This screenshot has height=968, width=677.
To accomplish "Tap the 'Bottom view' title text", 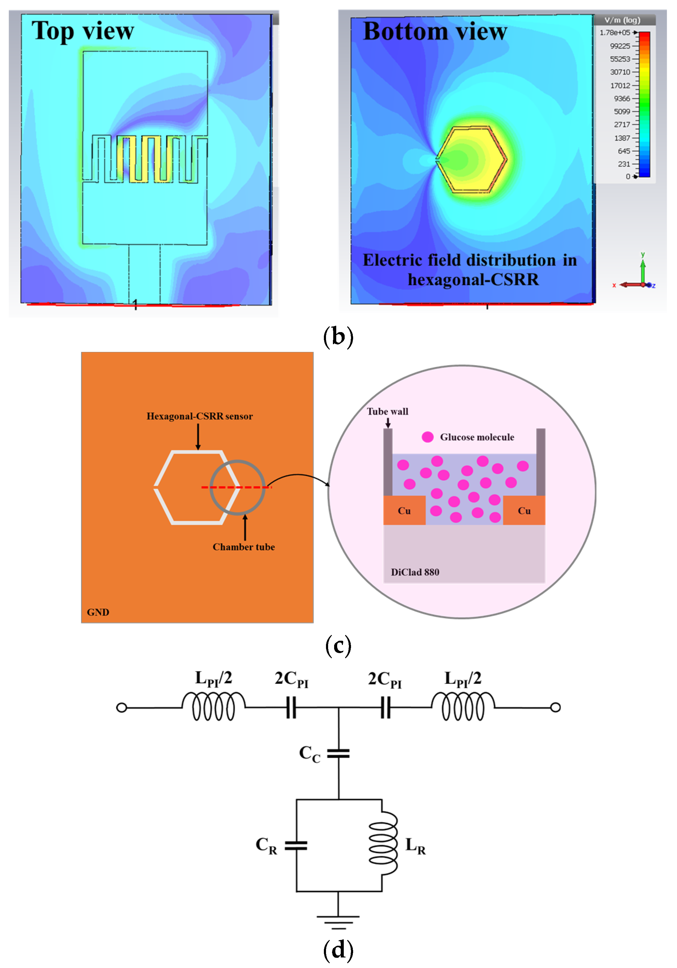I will (434, 31).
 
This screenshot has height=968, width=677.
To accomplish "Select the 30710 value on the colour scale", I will (620, 72).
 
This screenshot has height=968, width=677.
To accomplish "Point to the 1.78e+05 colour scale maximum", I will (615, 33).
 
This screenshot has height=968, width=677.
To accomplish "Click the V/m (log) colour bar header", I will (622, 20).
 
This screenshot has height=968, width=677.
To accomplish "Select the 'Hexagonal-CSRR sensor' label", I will (199, 416).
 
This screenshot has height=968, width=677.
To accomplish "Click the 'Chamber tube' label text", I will (243, 547).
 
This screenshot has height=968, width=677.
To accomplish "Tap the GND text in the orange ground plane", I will (98, 612).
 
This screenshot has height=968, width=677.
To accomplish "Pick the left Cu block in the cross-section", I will (404, 511).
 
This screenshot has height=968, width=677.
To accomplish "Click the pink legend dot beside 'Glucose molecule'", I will (427, 437).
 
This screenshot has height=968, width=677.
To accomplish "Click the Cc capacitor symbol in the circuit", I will (338, 753).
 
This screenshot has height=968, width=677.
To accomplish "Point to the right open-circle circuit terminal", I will (556, 707).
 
